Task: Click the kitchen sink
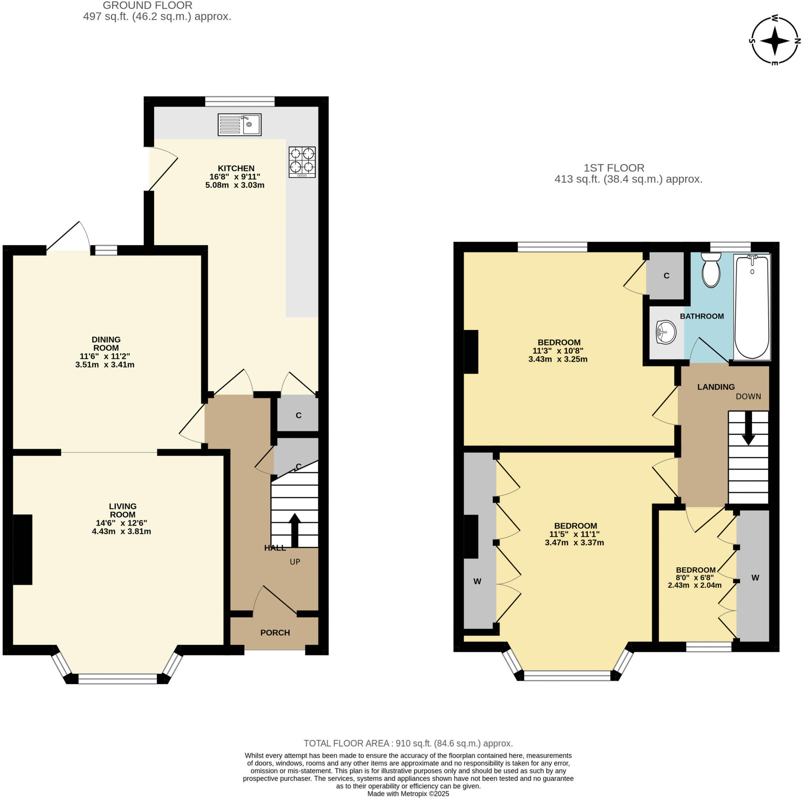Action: [x=240, y=125]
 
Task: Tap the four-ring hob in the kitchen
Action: [x=302, y=162]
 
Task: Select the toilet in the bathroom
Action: [x=711, y=270]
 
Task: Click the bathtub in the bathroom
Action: [x=752, y=307]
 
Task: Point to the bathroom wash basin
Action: [x=666, y=332]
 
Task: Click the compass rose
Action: [x=775, y=41]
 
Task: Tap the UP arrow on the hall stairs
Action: [x=295, y=530]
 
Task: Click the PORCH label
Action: [x=275, y=632]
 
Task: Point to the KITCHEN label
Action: [x=236, y=168]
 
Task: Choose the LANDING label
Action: [x=716, y=387]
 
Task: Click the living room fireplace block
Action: [x=23, y=550]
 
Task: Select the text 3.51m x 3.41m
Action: [x=105, y=365]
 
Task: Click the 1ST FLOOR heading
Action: [x=614, y=168]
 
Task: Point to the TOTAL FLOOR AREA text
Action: [x=408, y=743]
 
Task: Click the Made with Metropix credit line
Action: [x=408, y=794]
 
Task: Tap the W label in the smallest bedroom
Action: [x=755, y=577]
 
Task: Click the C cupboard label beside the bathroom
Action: [x=667, y=276]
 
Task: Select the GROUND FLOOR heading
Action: [x=147, y=5]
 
